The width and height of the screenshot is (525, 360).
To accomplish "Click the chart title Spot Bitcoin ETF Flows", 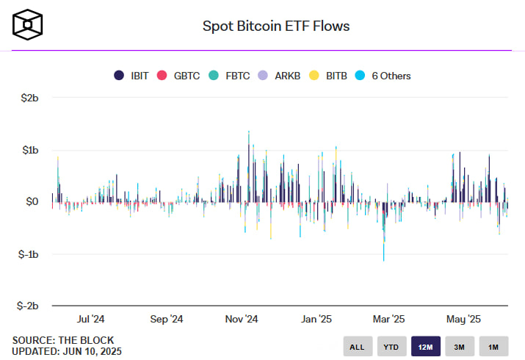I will tap(276, 26).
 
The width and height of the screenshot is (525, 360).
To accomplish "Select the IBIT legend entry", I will tap(131, 76).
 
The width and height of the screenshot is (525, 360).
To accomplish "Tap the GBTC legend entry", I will tap(181, 76).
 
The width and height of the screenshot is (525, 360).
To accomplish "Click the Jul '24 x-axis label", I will tap(90, 320).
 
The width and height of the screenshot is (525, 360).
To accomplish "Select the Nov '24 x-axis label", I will tap(241, 320).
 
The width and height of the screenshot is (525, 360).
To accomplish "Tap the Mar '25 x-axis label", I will tap(388, 320).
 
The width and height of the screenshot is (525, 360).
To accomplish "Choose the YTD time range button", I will tap(391, 347).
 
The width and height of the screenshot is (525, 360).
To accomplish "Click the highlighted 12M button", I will tap(425, 347).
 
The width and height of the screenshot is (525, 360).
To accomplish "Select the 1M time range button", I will tap(493, 347).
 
